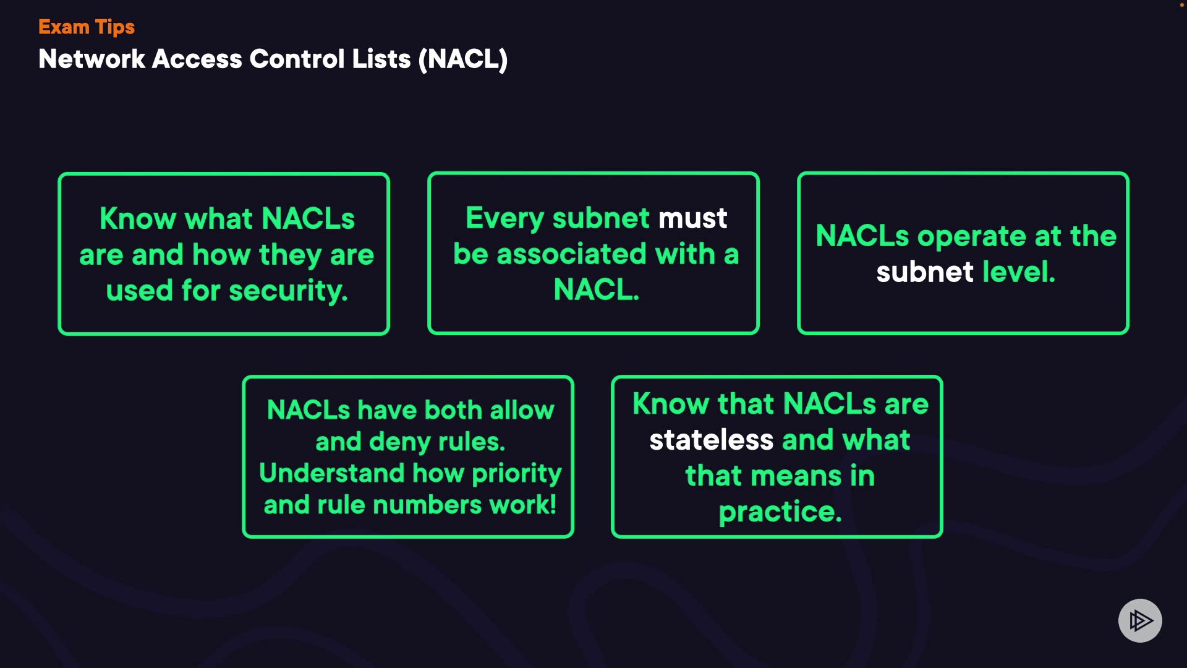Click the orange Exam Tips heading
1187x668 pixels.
pos(87,27)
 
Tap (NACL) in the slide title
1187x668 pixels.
pos(463,60)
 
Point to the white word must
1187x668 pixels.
pos(692,218)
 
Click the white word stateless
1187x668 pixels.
pos(711,440)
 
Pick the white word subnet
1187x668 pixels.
pos(925,272)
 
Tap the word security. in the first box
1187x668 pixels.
pos(288,291)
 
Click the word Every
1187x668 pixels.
pos(504,219)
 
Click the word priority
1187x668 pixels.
pos(517,474)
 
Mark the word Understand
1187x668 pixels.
pos(331,473)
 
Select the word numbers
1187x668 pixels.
pos(427,505)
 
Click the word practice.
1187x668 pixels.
pos(780,513)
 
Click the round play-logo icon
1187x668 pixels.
pos(1140,620)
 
